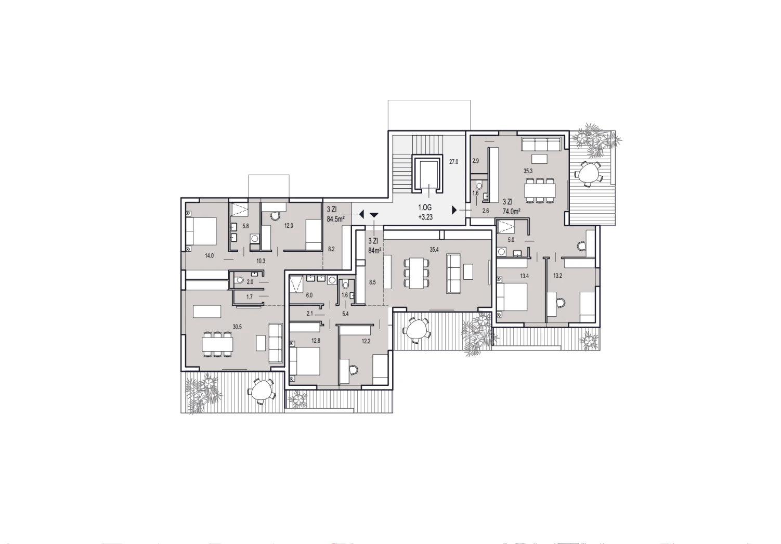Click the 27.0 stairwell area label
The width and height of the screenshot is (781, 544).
point(453,162)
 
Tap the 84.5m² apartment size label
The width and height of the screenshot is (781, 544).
point(336,219)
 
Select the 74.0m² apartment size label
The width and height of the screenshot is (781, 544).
point(512,211)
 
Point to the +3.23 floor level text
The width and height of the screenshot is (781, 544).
point(425,217)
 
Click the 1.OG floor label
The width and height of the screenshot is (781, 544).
point(425,208)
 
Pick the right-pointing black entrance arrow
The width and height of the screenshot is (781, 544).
point(454,210)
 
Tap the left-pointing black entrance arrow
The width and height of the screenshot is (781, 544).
point(361,214)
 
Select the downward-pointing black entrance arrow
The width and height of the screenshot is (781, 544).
point(374,215)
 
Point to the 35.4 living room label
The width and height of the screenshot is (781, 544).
point(434,249)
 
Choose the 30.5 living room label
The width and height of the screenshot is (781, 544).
point(237,327)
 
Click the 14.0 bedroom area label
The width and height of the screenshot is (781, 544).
point(209,255)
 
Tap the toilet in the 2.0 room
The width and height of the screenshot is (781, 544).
point(239,280)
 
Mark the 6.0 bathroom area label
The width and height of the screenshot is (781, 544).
point(309,295)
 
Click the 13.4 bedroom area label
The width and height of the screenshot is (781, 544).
point(524,276)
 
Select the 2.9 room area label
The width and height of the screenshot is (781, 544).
point(476,161)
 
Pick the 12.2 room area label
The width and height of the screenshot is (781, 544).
point(366,341)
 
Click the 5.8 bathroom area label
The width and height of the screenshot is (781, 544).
point(245,226)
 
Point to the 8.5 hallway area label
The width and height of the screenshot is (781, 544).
point(372,282)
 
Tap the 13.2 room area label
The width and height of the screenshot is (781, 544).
point(558,276)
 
